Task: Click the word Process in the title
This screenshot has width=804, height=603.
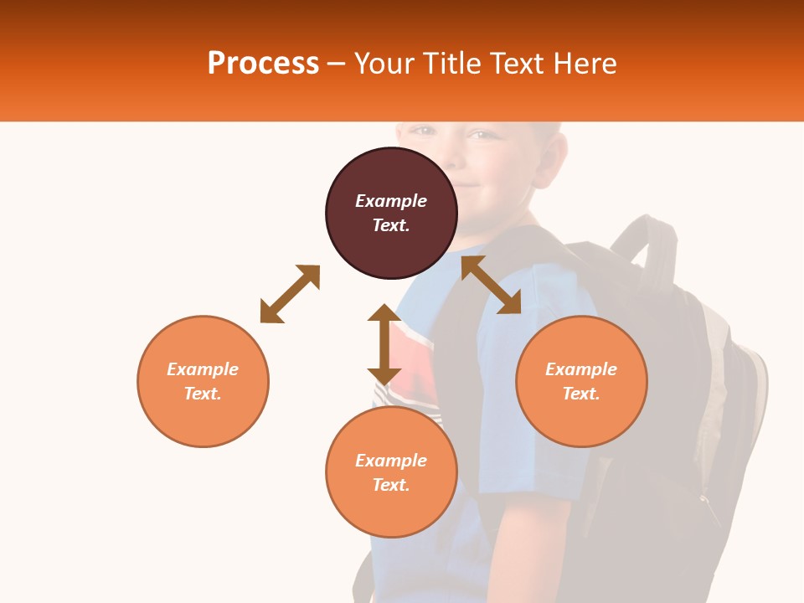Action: point(263,64)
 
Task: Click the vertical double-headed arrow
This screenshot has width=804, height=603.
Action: point(384,344)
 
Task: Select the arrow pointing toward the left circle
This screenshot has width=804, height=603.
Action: point(290,294)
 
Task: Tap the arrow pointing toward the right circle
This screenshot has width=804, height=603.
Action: point(491,285)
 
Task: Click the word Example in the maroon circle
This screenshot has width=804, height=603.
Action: point(391,201)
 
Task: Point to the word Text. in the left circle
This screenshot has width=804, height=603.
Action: point(203,394)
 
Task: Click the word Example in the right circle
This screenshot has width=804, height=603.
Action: point(581,369)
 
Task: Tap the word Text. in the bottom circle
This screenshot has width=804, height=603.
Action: point(391,485)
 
